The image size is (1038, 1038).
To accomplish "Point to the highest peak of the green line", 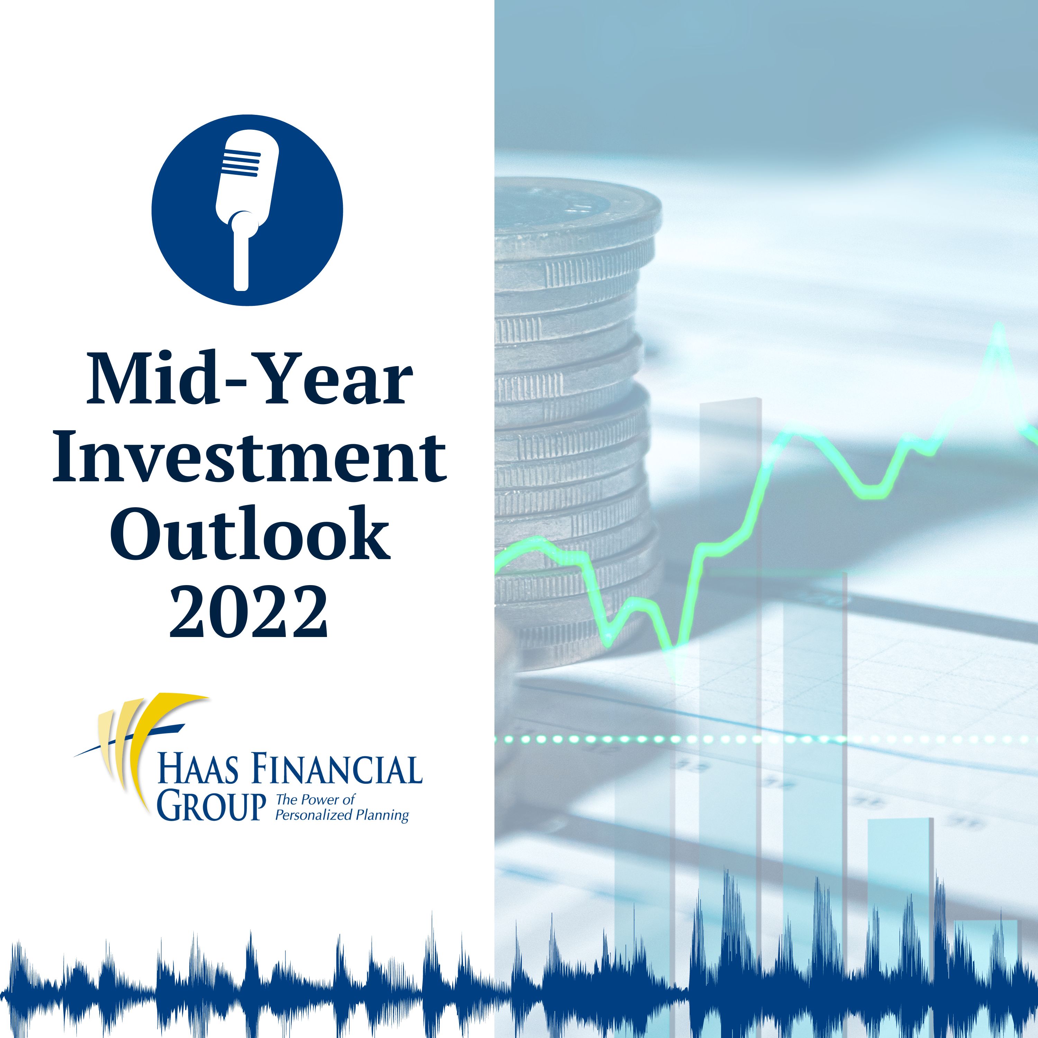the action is [x=998, y=325].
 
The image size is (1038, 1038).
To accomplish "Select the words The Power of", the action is [x=315, y=800].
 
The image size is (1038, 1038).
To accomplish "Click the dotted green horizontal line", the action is [x=766, y=740].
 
